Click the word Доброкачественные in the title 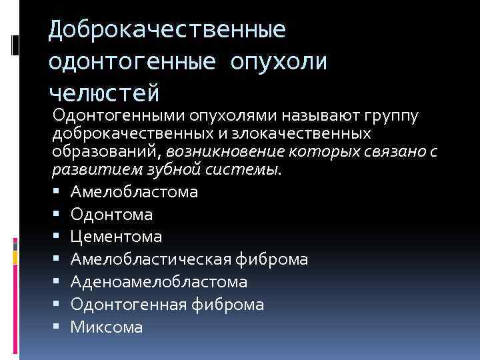tap(167, 30)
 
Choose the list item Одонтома tap(111, 215)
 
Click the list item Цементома tap(116, 237)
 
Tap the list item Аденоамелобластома tap(159, 282)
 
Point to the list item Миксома tap(107, 327)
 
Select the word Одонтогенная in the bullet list tap(129, 305)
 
